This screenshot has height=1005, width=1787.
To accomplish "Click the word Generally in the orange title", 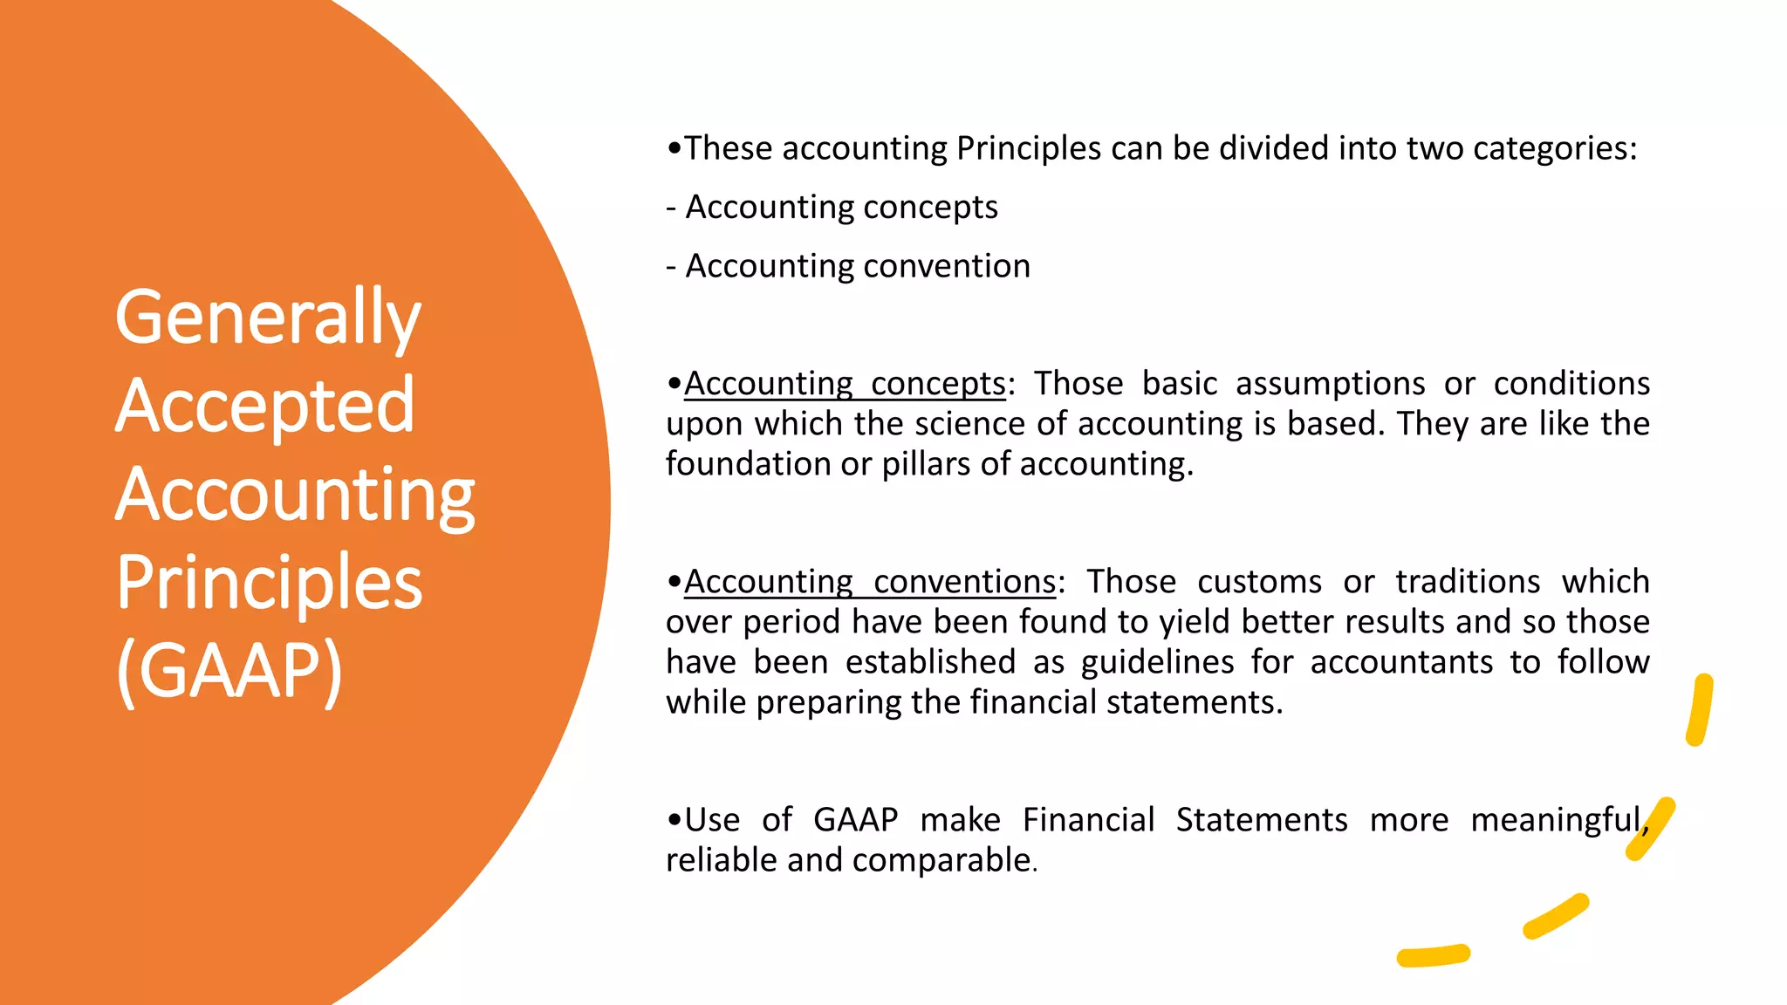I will (x=267, y=319).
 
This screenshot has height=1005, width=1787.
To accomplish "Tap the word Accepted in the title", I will (x=264, y=407).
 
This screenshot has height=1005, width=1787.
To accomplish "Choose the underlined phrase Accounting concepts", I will (x=845, y=384).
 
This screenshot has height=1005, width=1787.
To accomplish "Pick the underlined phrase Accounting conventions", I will (x=870, y=582).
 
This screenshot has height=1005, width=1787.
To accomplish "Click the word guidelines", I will (x=1157, y=662).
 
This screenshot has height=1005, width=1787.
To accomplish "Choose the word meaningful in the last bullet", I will (x=1557, y=821).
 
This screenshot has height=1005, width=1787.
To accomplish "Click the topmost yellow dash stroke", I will (x=1700, y=710).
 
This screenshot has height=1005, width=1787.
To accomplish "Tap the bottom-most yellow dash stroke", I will (x=1433, y=956).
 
